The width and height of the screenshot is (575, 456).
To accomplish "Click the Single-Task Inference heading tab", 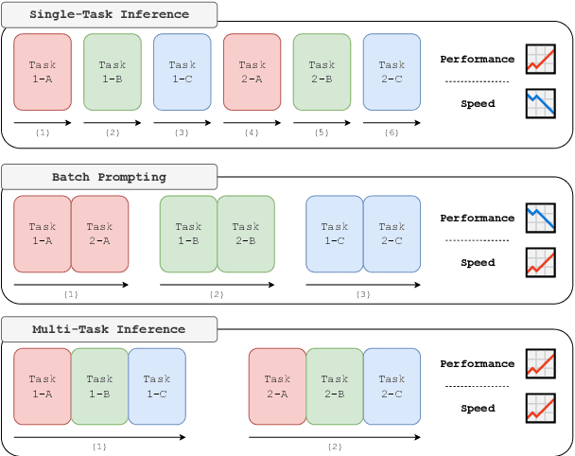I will click(109, 14).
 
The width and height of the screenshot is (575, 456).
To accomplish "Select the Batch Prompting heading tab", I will click(109, 177).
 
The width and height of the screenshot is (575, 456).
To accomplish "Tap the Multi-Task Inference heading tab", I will click(109, 330).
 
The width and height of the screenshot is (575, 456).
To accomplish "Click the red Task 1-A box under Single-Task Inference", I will click(43, 71).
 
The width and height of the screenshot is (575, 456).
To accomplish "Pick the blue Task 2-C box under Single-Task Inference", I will click(392, 71).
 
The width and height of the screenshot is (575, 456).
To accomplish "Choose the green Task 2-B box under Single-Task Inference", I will click(322, 71).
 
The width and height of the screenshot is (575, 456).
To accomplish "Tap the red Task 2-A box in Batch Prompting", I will click(99, 234).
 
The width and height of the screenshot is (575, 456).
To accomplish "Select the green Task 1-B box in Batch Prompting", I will click(188, 234).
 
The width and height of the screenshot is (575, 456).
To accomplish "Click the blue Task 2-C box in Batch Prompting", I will click(392, 234).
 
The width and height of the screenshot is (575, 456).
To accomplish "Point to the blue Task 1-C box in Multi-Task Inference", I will click(157, 386).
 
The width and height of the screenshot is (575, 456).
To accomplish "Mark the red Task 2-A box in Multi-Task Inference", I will click(277, 386).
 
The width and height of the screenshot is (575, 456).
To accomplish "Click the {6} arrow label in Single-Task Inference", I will click(392, 132).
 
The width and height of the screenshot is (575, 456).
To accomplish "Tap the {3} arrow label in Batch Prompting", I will click(363, 294).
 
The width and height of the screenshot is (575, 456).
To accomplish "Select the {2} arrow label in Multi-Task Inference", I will click(335, 446).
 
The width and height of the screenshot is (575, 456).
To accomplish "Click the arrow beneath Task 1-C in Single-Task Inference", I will click(182, 123).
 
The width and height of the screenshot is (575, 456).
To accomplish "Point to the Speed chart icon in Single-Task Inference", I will click(540, 104).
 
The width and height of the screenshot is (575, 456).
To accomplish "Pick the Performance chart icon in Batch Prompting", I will click(540, 219).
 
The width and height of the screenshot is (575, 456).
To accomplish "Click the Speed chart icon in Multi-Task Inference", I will click(540, 409).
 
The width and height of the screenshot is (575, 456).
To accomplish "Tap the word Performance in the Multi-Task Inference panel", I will click(478, 364).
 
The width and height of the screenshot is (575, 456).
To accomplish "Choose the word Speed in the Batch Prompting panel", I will click(478, 263).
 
